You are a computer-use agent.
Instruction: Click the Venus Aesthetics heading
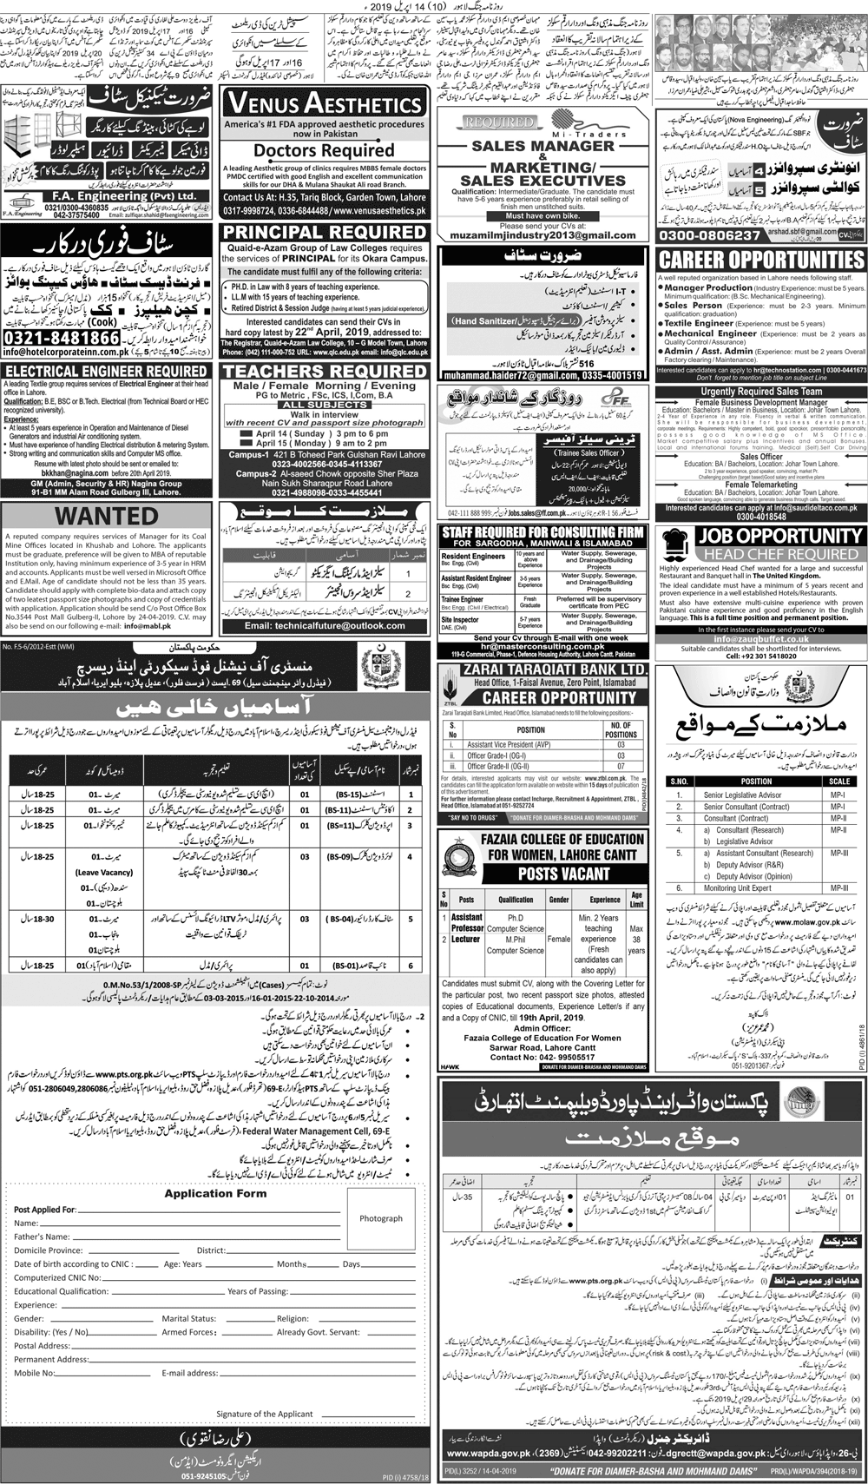click(324, 103)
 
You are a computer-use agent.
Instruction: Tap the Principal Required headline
click(324, 233)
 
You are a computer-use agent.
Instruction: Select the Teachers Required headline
click(324, 372)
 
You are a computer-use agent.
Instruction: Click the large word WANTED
click(107, 516)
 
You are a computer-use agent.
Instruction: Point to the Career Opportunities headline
click(761, 260)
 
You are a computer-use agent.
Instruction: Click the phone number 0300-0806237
click(710, 235)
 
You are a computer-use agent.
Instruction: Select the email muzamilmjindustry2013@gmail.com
click(542, 235)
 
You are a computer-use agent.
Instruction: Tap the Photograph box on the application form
click(381, 1218)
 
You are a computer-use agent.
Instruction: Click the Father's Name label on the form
click(43, 1237)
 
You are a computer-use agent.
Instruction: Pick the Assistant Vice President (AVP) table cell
click(510, 745)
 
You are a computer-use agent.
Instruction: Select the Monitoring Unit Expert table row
click(738, 888)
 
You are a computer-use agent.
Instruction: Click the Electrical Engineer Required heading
click(105, 371)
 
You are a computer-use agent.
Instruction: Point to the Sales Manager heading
click(542, 146)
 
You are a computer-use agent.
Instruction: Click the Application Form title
click(215, 1193)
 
